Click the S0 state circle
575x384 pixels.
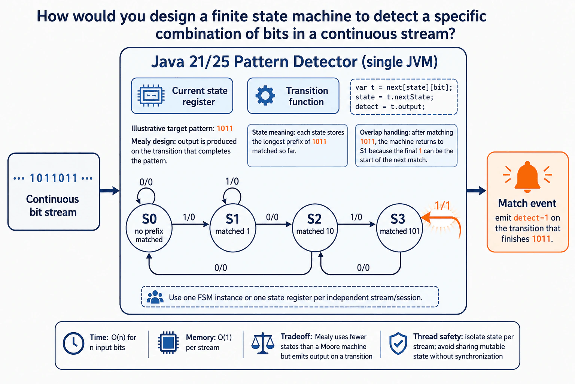[149, 228]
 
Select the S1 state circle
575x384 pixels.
[233, 228]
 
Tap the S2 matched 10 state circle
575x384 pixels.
[315, 228]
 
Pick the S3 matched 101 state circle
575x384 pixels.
[399, 228]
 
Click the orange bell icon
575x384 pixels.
[527, 177]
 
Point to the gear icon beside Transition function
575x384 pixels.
[265, 95]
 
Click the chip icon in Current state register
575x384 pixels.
[151, 96]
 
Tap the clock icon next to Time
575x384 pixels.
[73, 343]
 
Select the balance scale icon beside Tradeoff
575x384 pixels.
[263, 343]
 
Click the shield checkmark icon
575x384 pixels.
[398, 343]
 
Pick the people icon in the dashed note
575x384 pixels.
[155, 297]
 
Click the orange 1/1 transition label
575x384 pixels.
[442, 205]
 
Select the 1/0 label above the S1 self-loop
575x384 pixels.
[232, 181]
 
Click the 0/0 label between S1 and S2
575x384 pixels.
[272, 217]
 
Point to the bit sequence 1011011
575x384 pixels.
[54, 178]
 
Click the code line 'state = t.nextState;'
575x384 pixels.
[394, 97]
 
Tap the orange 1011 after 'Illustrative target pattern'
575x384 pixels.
[225, 128]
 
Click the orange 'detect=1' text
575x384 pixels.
[531, 218]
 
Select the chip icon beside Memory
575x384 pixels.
[168, 343]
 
